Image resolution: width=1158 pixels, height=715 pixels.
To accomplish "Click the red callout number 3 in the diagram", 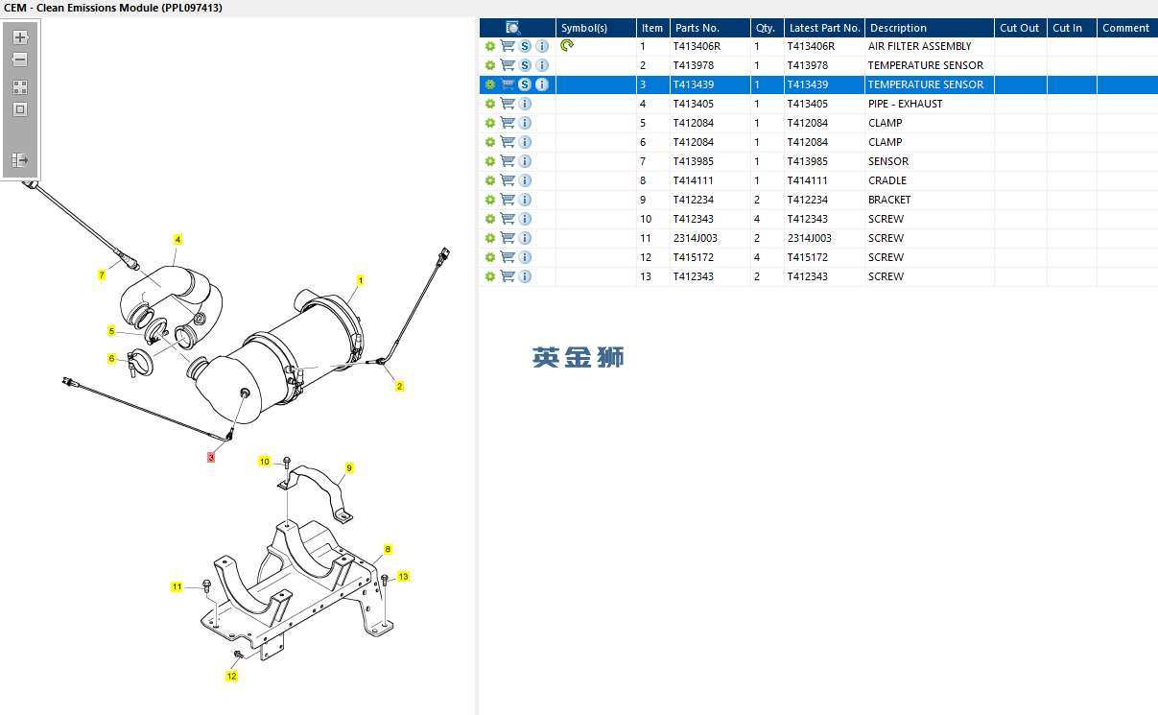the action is coord(211,457).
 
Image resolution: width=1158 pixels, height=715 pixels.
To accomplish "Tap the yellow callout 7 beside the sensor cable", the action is coord(102,275).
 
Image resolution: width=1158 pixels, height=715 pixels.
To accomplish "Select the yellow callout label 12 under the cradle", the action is coord(231,676).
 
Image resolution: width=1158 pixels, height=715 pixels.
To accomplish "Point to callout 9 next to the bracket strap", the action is coord(349,468).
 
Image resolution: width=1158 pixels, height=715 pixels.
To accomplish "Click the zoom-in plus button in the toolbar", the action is coord(20,37).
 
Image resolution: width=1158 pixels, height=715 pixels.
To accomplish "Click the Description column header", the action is coord(898,28).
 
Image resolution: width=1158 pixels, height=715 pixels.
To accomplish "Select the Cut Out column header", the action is coord(1019,28).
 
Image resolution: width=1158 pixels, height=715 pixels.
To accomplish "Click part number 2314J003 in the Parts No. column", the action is coord(696,238).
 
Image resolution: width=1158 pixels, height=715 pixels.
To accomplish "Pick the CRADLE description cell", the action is coord(887,180).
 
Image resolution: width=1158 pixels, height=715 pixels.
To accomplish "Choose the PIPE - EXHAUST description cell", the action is coord(906,104).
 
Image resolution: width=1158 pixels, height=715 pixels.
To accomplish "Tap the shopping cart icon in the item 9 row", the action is coord(508,200).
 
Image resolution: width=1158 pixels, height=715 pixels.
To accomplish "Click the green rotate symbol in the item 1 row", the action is coord(567,45).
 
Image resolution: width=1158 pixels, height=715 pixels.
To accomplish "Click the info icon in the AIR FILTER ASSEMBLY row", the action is coord(542,46).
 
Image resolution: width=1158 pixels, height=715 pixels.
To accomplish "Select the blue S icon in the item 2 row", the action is coord(525,65).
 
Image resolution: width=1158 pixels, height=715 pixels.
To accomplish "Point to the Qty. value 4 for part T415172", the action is coord(757,257).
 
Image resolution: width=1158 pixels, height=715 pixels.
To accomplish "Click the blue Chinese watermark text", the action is coord(578,357).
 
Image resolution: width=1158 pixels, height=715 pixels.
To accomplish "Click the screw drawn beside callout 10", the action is coord(287,464).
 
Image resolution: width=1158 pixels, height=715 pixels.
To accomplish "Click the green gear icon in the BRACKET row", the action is coord(490,200).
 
